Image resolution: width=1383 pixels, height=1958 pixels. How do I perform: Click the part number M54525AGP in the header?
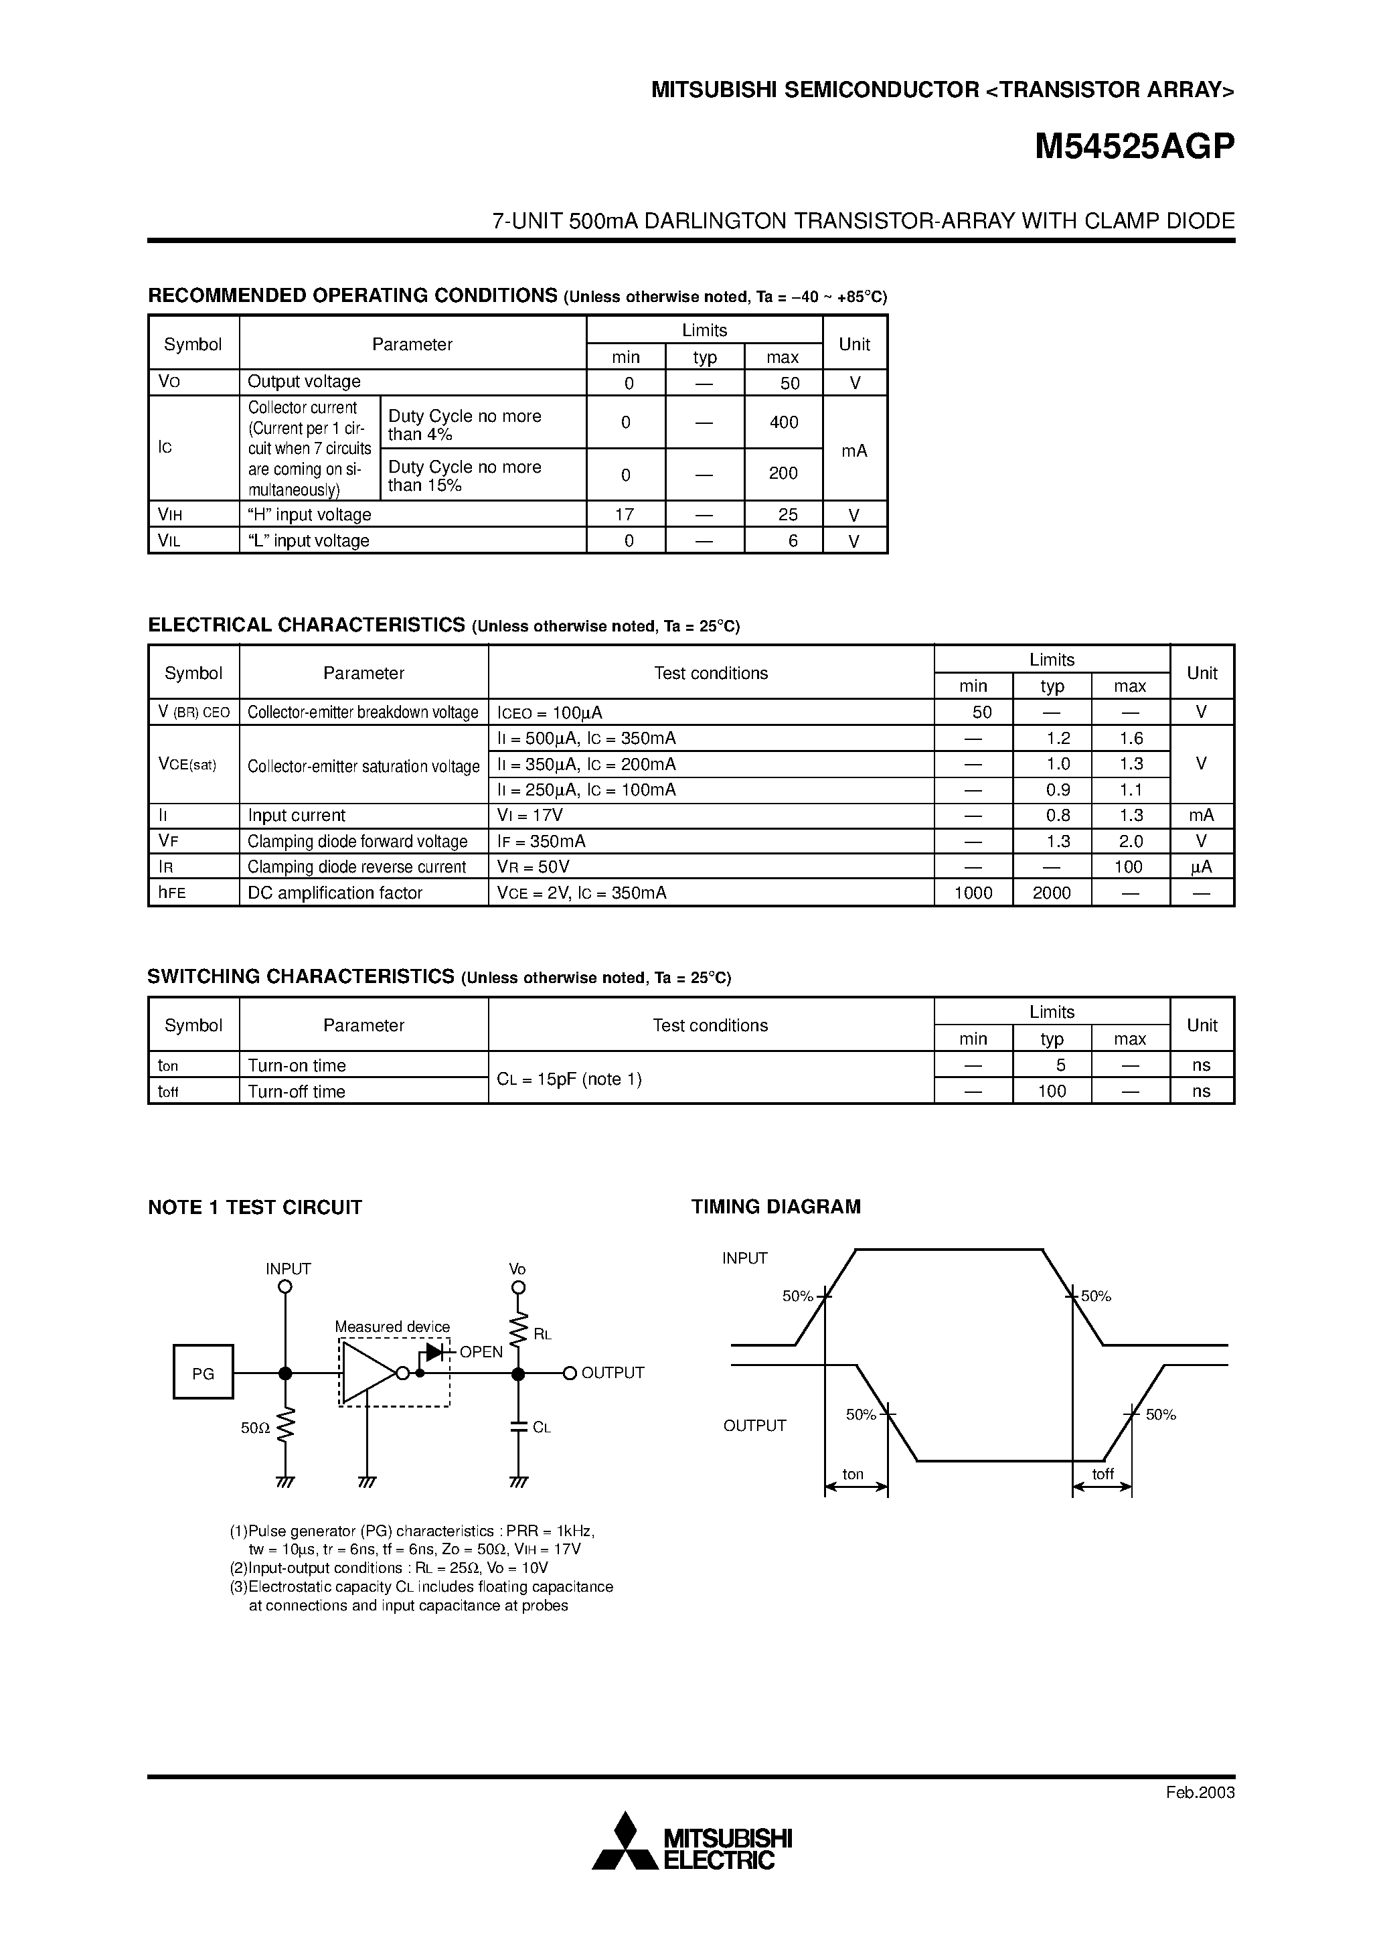(1134, 147)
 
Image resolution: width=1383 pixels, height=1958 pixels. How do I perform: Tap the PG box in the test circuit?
(203, 1374)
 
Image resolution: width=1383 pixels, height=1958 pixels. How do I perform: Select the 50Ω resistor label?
(255, 1428)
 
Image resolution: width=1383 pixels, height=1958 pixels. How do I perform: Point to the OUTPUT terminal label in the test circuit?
(613, 1373)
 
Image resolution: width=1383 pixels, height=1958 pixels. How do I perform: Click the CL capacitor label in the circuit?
(542, 1428)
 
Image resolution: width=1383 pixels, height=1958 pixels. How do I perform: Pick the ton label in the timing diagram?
(853, 1475)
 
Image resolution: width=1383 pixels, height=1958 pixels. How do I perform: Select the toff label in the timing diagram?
(1103, 1475)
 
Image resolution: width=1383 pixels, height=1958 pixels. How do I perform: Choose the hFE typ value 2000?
(1052, 893)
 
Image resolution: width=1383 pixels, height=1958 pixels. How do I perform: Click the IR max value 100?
(1128, 867)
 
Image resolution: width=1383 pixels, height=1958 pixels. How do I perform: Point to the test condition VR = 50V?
(533, 867)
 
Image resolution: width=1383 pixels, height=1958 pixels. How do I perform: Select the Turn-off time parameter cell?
(297, 1091)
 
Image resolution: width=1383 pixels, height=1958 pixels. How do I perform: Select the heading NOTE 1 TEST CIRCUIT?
(255, 1207)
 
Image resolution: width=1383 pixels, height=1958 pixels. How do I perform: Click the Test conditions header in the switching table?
(710, 1025)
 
